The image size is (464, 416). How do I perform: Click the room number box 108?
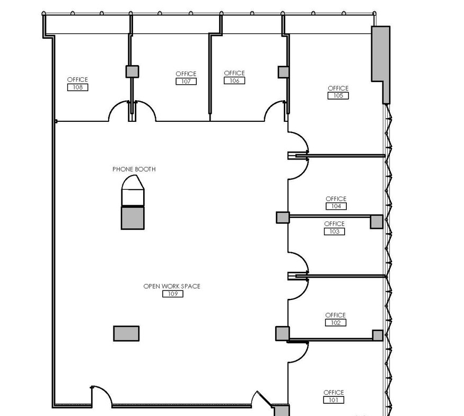(77, 87)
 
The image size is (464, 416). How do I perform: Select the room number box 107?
(186, 81)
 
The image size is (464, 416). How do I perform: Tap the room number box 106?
(234, 81)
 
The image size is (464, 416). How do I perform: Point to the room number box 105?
(338, 95)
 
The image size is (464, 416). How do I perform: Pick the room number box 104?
(336, 206)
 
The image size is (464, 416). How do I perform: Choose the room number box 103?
(335, 231)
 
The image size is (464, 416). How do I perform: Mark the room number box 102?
(336, 323)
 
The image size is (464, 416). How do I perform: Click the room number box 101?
(334, 400)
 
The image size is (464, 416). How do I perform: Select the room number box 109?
(173, 294)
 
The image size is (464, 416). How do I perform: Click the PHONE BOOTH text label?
(134, 169)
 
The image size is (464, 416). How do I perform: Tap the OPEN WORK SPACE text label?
(172, 286)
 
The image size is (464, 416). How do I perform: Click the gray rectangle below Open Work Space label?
(126, 333)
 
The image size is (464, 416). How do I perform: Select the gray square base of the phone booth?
(133, 218)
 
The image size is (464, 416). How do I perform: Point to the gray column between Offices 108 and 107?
(132, 72)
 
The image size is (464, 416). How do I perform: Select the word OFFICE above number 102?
(336, 315)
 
